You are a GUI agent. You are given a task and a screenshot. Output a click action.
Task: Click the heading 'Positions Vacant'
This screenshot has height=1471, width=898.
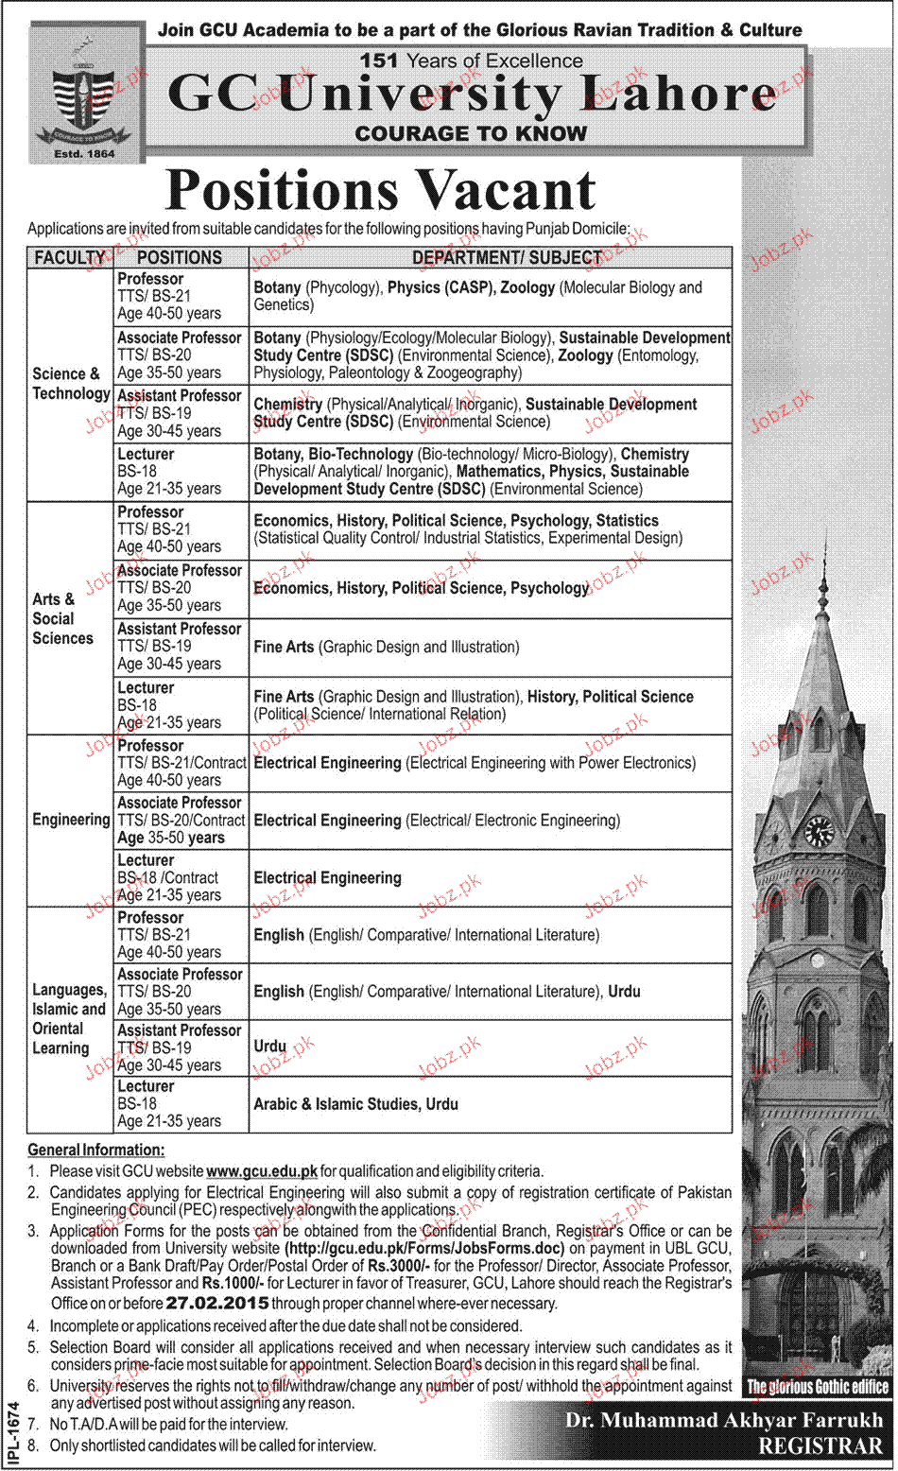tap(380, 191)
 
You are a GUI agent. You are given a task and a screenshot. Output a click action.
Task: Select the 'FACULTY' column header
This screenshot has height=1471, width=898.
tap(69, 257)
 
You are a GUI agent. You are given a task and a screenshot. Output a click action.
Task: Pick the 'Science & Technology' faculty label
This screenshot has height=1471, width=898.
tap(70, 384)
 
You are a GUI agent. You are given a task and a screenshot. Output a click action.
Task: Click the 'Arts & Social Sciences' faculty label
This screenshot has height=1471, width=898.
tap(62, 618)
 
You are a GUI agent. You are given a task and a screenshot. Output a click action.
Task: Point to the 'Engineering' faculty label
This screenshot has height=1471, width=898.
tap(71, 820)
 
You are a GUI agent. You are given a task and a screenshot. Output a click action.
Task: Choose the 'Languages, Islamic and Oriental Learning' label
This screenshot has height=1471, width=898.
tap(68, 1018)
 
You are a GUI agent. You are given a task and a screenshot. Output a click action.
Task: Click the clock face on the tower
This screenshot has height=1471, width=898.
tap(819, 832)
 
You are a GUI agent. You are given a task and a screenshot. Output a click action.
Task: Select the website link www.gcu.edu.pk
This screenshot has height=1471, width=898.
tap(262, 1171)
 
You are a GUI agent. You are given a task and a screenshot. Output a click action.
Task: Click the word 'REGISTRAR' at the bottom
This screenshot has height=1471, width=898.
tap(820, 1446)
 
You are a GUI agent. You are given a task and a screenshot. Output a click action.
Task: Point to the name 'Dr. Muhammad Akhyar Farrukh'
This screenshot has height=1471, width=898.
tap(724, 1420)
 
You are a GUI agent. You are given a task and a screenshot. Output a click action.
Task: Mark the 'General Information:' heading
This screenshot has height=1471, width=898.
tap(95, 1150)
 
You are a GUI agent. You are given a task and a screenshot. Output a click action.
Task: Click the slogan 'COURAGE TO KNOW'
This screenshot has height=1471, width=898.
tap(471, 133)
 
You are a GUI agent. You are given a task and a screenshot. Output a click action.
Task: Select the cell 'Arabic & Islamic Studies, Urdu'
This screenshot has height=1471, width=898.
tap(355, 1104)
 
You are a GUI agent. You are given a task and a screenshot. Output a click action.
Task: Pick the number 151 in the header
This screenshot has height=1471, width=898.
tap(378, 61)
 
